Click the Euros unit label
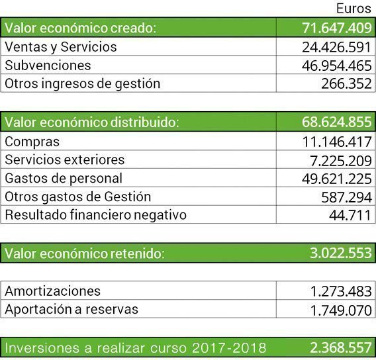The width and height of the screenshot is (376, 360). (x=353, y=9)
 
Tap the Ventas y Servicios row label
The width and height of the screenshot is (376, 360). (x=60, y=47)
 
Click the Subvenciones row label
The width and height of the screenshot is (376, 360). (x=48, y=66)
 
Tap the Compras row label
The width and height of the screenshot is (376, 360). (x=32, y=142)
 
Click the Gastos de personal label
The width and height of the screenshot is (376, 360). (x=64, y=178)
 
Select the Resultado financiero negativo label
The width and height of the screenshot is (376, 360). (x=95, y=215)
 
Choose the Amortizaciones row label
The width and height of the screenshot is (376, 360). (x=53, y=291)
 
